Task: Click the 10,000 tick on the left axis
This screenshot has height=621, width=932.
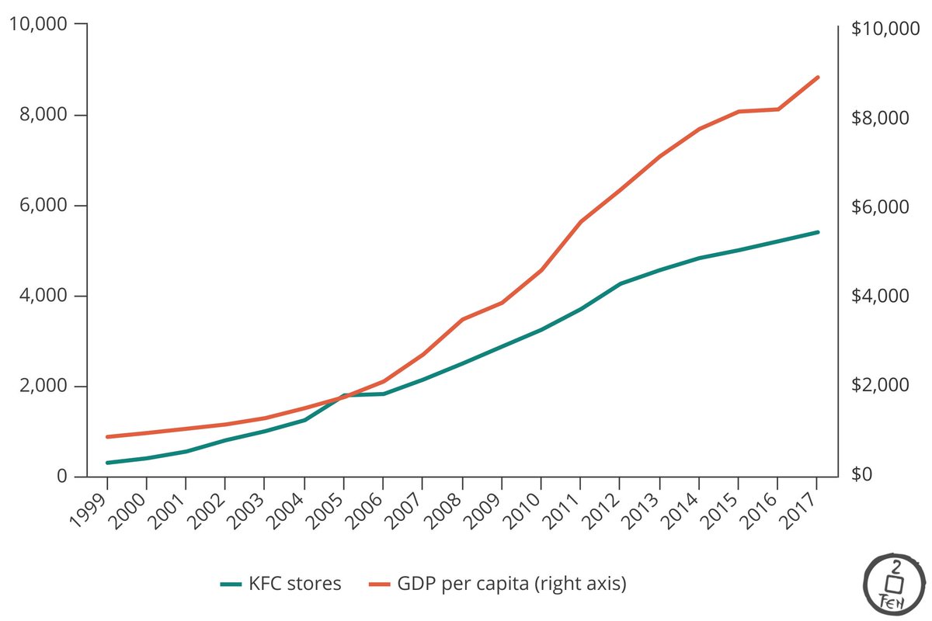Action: tap(37, 25)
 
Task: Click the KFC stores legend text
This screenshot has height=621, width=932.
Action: tap(295, 584)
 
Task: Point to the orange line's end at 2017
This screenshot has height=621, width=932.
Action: tap(818, 77)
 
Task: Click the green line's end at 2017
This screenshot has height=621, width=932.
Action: tap(818, 232)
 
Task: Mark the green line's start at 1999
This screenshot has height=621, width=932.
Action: tap(108, 463)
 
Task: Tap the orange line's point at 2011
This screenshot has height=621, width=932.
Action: tap(580, 222)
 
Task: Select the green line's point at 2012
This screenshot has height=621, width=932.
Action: tap(620, 284)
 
